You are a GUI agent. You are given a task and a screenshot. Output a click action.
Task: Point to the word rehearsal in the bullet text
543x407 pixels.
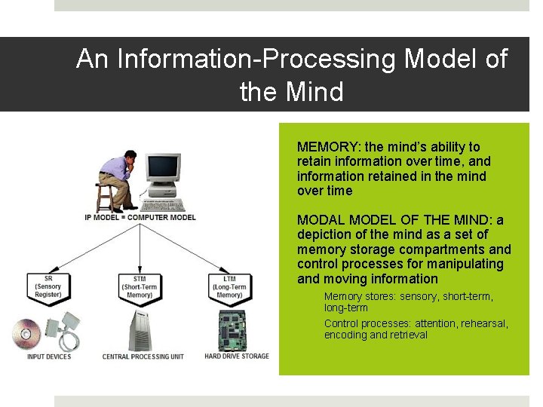[x=483, y=323]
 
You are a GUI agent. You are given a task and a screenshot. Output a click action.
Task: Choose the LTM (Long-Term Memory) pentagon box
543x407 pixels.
[x=229, y=286]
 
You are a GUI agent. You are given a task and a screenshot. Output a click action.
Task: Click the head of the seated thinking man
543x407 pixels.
[x=130, y=158]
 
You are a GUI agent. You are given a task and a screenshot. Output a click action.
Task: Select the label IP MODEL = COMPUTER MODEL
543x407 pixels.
[x=140, y=218]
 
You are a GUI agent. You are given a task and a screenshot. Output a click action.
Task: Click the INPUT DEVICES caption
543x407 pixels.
[x=48, y=357]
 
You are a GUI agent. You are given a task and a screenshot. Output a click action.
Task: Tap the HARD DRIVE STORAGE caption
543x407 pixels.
[x=237, y=356]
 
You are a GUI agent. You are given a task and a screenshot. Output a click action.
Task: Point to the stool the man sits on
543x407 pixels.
[x=104, y=197]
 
